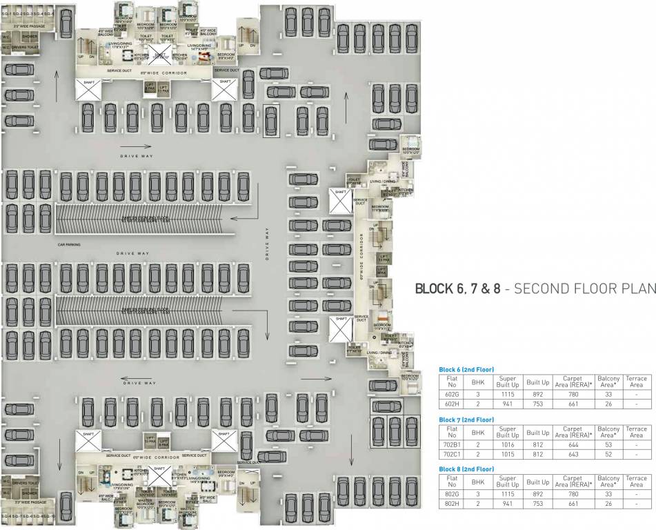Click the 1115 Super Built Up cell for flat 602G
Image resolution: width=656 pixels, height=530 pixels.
(508, 393)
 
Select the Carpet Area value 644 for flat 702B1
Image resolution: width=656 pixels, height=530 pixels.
(573, 445)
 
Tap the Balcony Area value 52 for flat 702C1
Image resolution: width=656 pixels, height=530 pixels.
(608, 454)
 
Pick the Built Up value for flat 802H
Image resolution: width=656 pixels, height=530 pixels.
(538, 504)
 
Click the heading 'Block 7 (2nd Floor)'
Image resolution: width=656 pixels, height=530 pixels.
(466, 420)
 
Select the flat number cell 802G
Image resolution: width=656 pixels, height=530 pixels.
(452, 495)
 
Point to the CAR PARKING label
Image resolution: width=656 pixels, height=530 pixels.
(71, 245)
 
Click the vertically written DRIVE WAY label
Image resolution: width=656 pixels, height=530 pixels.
(268, 245)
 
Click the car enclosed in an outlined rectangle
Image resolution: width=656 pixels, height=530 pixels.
(271, 121)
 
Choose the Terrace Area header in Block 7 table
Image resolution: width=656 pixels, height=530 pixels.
(636, 432)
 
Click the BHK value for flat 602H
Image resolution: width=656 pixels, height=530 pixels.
(477, 403)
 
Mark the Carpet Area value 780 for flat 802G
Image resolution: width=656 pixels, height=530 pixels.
(573, 495)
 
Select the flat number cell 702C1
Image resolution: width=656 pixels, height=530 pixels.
(452, 454)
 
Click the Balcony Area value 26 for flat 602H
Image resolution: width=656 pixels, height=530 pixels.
(608, 403)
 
